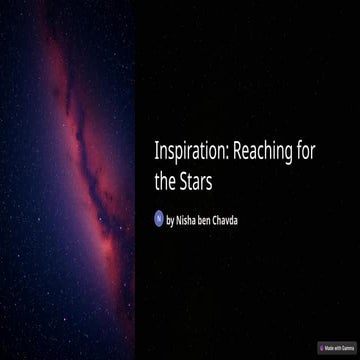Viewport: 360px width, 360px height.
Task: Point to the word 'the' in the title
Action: (166, 182)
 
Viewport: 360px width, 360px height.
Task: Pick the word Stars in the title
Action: (200, 182)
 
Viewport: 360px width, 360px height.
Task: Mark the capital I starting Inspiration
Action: (157, 152)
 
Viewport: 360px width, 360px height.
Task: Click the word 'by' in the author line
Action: (171, 218)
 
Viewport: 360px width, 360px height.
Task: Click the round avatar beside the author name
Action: (158, 217)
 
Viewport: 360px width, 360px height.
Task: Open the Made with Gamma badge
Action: (336, 347)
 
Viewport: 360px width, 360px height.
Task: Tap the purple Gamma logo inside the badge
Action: (322, 347)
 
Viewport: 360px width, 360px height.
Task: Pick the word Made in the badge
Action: (330, 347)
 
